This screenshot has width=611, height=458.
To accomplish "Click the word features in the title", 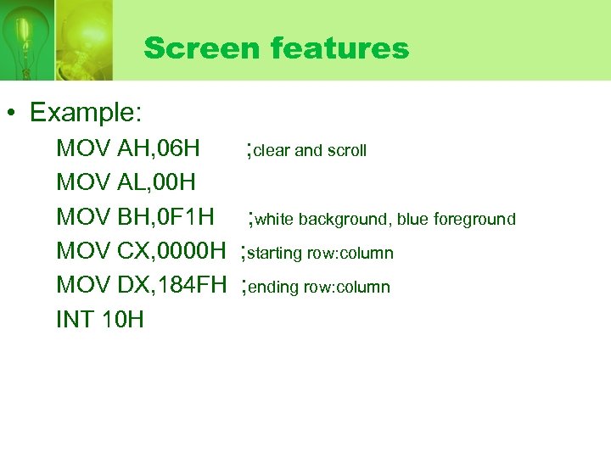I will (340, 48).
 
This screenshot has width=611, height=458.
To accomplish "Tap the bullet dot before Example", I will (15, 113).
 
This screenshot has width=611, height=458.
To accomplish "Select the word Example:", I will (86, 112).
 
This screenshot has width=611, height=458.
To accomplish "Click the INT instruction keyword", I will (76, 320).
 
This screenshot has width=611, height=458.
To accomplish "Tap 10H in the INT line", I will (122, 320).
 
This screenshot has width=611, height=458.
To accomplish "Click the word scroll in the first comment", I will (347, 151).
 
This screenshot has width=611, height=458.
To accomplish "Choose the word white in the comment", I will (273, 220).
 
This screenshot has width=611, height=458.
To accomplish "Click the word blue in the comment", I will (412, 220).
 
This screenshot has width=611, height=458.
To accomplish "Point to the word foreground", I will (474, 220).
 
